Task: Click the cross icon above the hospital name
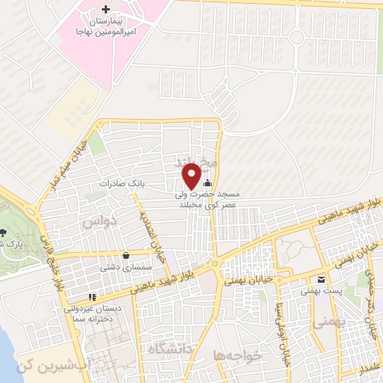coord(104,9)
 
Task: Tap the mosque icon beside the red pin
coord(207,183)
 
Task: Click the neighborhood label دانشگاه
coord(171,348)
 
